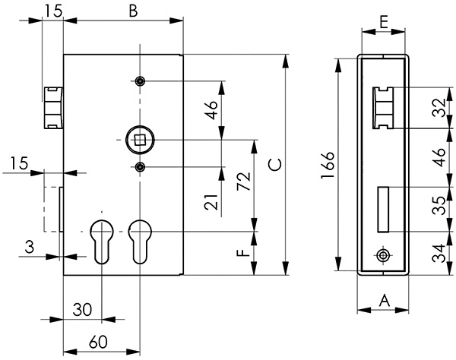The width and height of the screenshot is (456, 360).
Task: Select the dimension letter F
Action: [x=242, y=253]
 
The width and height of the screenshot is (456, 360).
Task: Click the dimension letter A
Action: [x=384, y=301]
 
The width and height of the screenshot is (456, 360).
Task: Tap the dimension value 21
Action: [x=214, y=201]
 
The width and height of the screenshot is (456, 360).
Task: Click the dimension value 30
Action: [x=82, y=309]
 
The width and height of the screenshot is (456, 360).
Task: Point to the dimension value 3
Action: [x=28, y=246]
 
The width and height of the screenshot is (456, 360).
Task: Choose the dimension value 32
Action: [x=438, y=109]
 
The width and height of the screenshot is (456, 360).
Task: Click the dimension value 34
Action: [x=438, y=251]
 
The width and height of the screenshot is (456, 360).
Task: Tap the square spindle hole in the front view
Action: [x=140, y=140]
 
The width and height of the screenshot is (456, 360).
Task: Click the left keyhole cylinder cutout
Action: [x=100, y=240]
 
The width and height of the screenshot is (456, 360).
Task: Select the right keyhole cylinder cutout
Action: [x=140, y=240]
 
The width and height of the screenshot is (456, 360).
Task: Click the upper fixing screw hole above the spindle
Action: [x=140, y=81]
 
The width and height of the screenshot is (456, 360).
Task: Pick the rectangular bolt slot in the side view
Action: [x=384, y=208]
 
